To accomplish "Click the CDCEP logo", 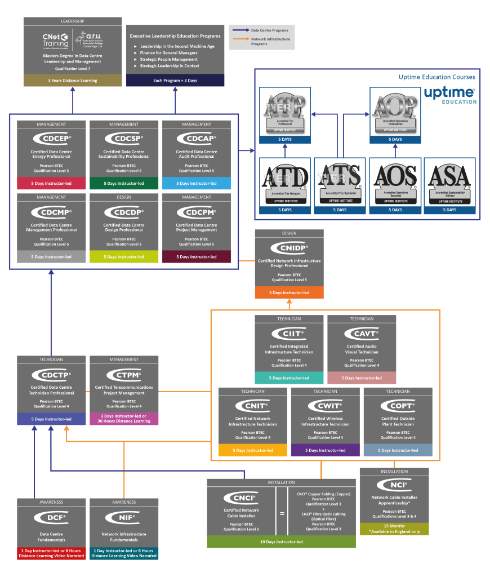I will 51,139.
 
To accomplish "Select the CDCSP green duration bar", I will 124,183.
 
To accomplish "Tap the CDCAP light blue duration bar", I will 196,183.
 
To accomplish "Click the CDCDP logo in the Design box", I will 124,212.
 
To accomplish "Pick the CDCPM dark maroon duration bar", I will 196,256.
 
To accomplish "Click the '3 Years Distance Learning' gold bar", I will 72,81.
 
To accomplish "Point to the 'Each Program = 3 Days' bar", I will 175,81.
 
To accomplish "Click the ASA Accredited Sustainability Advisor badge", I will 449,180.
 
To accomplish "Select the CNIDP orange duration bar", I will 289,292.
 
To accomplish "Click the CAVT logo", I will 362,334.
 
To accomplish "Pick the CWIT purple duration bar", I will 325,450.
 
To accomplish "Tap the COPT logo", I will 398,406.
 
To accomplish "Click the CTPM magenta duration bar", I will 124,418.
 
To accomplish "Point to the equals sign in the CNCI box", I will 282,513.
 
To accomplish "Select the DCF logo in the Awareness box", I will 51,517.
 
